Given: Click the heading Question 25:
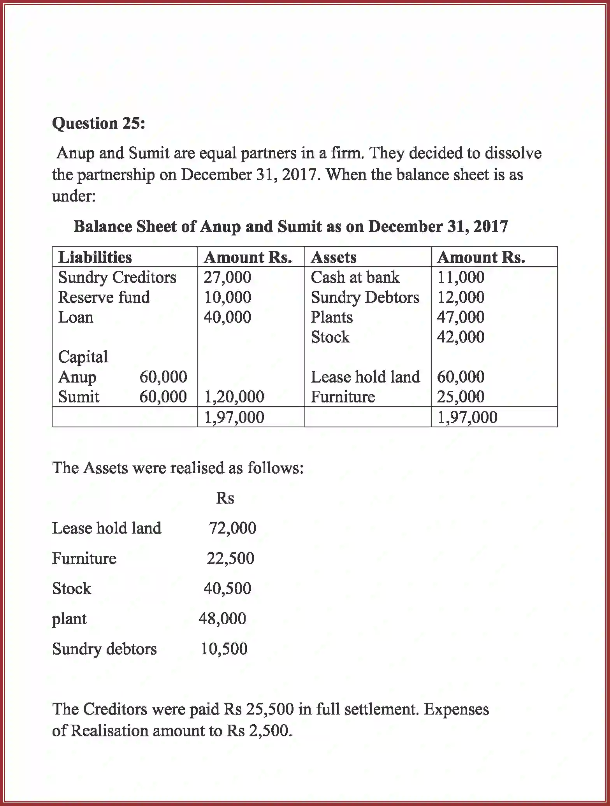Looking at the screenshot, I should pyautogui.click(x=98, y=123).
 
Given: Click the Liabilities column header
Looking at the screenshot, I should pyautogui.click(x=95, y=257).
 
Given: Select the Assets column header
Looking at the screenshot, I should pyautogui.click(x=334, y=257).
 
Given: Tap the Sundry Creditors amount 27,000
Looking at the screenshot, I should pyautogui.click(x=227, y=277).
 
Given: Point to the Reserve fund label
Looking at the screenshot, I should pyautogui.click(x=104, y=297).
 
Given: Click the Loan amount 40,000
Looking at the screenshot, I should pyautogui.click(x=227, y=317).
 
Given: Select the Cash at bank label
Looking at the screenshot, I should pyautogui.click(x=355, y=277).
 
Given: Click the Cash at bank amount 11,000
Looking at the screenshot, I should pyautogui.click(x=461, y=277).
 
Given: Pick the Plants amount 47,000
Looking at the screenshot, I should pyautogui.click(x=461, y=317).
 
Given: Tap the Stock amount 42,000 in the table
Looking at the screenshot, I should pyautogui.click(x=461, y=337).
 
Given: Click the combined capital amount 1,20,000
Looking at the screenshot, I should pyautogui.click(x=234, y=397).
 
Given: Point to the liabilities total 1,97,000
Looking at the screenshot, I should pyautogui.click(x=234, y=417).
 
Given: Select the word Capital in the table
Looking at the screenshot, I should pyautogui.click(x=83, y=357).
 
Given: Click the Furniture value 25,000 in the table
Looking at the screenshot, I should pyautogui.click(x=461, y=397).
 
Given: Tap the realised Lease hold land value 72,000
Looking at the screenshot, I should pyautogui.click(x=232, y=528).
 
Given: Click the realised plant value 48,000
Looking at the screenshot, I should pyautogui.click(x=222, y=618).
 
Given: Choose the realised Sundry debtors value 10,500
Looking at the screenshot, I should pyautogui.click(x=224, y=649).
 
